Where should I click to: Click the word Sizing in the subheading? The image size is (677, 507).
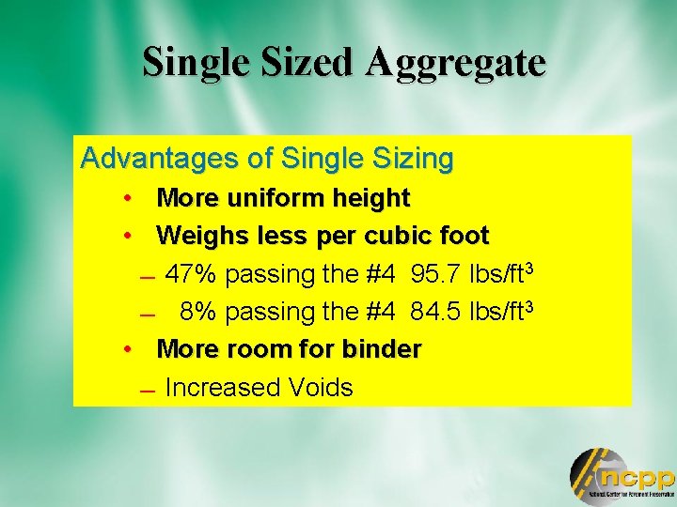(415, 159)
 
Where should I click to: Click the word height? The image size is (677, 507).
(370, 199)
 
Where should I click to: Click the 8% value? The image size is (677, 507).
(199, 311)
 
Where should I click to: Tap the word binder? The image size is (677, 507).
(382, 349)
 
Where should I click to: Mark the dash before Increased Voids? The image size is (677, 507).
(143, 391)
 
